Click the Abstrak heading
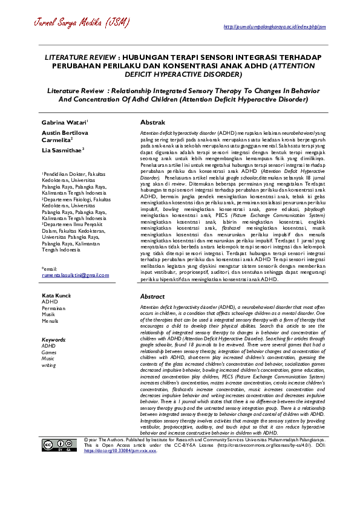coord(152,122)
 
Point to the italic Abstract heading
coord(152,297)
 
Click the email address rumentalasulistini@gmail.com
coord(75,274)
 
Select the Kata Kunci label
coord(56,295)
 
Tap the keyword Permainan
coord(54,308)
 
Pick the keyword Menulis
coord(50,321)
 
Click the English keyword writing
coord(48,365)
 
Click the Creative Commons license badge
coord(59,446)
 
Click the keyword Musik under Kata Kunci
coord(48,314)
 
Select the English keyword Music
coord(48,358)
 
